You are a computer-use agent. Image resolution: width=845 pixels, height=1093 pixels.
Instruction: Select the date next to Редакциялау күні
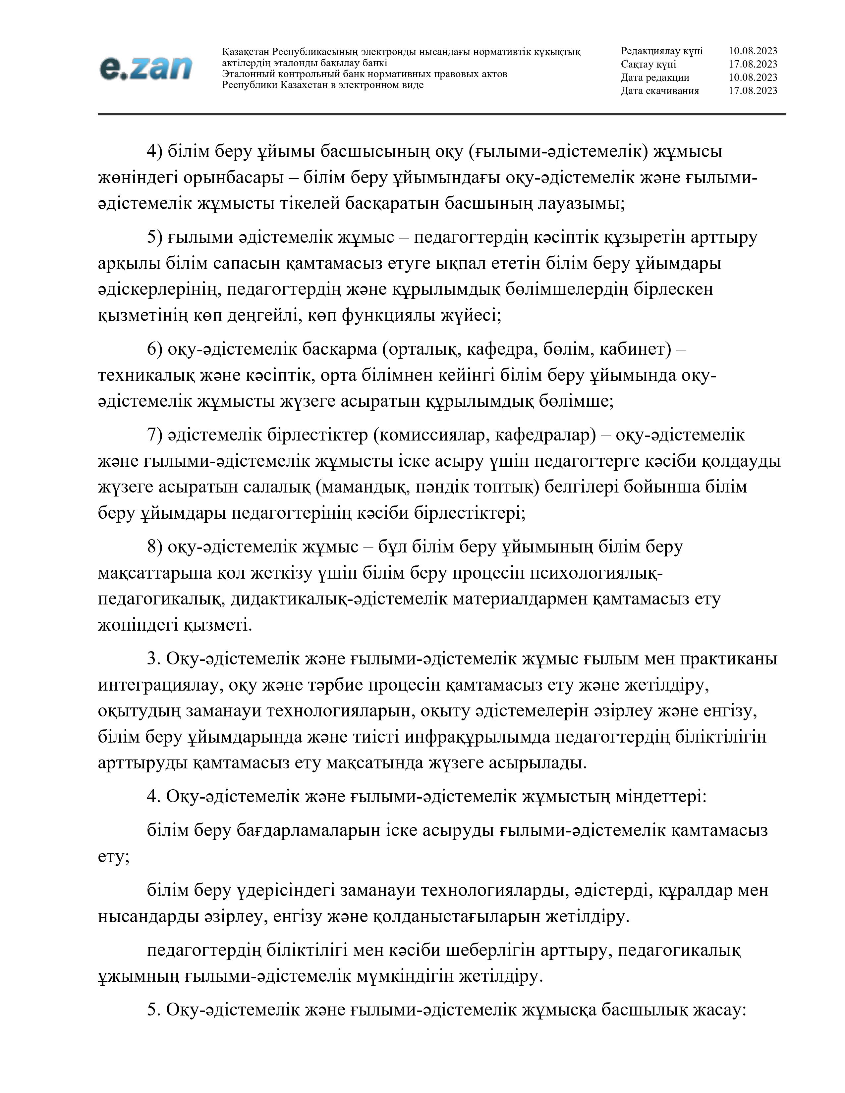pos(753,51)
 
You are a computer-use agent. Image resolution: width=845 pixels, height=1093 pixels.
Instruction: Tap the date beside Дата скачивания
pos(753,90)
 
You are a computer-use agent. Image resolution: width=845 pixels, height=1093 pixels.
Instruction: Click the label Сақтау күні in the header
pos(648,64)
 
